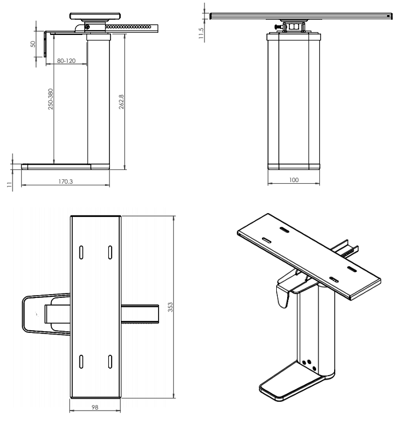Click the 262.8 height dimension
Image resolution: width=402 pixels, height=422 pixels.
pos(121,102)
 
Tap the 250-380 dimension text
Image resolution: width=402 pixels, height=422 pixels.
pos(51,99)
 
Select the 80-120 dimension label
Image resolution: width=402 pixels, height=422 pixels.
pos(66,61)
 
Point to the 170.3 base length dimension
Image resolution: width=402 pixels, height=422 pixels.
pos(66,181)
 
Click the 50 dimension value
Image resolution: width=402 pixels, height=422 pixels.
pos(33,44)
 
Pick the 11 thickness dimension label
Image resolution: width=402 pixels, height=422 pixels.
pos(9,185)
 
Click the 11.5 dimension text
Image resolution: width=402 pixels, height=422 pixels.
pos(201,33)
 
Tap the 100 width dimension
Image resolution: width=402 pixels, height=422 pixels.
pos(294,179)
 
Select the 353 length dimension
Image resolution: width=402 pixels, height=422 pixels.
pos(170,307)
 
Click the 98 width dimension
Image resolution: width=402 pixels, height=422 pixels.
pos(95,407)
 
